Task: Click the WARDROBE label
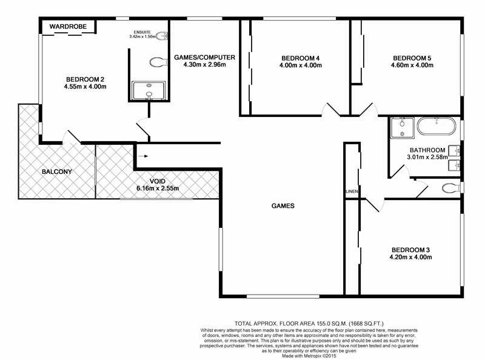69,27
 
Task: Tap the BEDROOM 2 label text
85,79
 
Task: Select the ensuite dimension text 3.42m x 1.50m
147,36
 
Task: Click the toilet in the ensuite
159,61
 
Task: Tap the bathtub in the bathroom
435,127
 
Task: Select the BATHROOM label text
427,150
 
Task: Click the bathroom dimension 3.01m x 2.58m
427,158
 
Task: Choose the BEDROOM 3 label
411,250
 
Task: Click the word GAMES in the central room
283,206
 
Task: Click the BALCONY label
57,172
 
